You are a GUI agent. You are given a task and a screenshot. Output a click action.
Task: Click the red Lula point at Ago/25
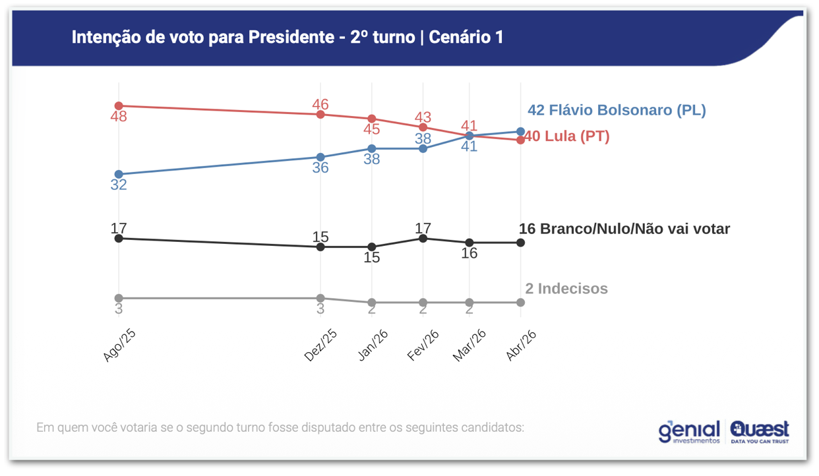click(x=119, y=106)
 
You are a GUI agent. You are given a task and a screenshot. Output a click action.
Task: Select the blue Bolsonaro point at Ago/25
click(x=119, y=175)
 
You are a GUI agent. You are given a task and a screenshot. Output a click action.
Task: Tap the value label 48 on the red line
click(x=119, y=117)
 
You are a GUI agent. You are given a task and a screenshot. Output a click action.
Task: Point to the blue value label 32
click(x=119, y=185)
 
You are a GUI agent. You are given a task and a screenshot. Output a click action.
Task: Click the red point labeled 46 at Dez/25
click(x=320, y=115)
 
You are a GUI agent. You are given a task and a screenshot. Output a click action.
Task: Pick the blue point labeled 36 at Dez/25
click(x=320, y=158)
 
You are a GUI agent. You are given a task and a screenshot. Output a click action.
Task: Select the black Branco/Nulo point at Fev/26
click(x=423, y=239)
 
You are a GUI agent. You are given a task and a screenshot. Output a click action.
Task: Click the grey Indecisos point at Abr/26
click(x=520, y=303)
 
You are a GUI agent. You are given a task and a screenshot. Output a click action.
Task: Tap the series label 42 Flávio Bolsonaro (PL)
click(x=617, y=110)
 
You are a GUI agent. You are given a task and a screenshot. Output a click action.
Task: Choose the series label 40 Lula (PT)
click(x=567, y=136)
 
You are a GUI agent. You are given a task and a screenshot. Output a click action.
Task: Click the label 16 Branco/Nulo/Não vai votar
click(x=624, y=229)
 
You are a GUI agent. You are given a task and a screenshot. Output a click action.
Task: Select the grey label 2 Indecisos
click(x=566, y=289)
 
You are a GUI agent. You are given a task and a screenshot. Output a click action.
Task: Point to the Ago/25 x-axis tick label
click(x=120, y=345)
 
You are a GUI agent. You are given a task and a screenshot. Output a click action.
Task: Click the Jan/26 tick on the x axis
click(x=373, y=345)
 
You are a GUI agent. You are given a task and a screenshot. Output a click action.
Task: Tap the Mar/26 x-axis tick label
click(x=469, y=345)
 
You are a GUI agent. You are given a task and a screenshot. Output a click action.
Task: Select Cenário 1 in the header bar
click(x=466, y=38)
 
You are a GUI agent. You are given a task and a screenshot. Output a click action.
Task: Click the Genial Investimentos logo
click(x=689, y=431)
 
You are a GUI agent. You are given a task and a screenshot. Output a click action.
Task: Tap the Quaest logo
click(x=759, y=431)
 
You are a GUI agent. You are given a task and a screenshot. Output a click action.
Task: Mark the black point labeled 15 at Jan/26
click(x=372, y=247)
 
